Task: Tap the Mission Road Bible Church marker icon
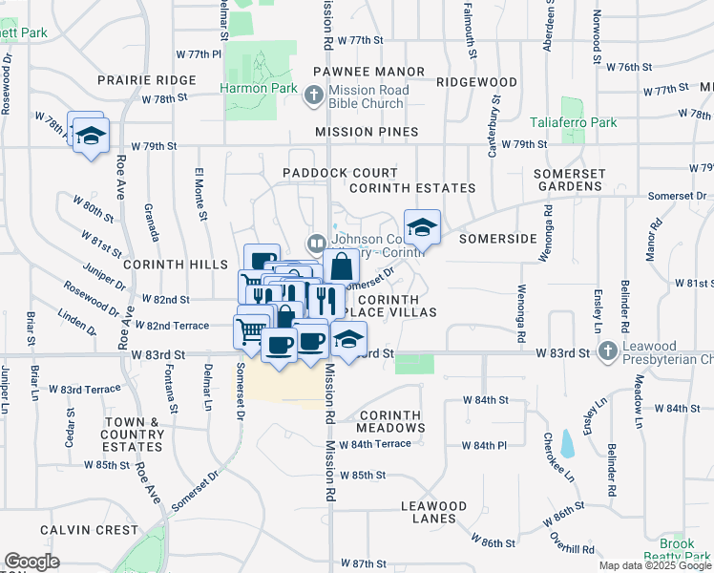point(314,95)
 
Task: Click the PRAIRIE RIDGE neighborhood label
point(146,80)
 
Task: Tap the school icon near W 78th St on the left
point(91,136)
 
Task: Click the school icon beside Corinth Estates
point(421,227)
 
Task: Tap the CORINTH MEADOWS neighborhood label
point(393,421)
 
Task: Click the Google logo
point(31,562)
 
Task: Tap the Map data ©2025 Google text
point(654,565)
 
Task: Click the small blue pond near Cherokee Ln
point(569,443)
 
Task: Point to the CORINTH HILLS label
point(158,263)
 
